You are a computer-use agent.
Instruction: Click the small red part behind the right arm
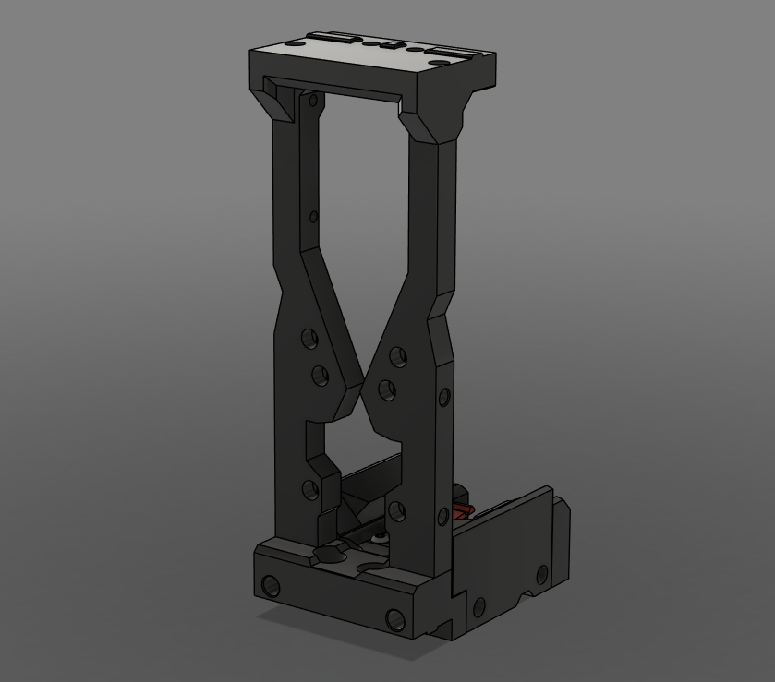point(461,509)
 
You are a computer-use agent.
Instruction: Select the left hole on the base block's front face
point(271,585)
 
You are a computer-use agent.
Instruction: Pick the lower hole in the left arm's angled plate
point(320,376)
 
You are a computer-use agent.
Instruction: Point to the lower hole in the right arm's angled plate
point(387,389)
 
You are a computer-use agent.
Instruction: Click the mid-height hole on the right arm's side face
point(444,398)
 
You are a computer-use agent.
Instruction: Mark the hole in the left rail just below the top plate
point(313,100)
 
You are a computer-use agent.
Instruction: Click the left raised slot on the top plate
point(333,38)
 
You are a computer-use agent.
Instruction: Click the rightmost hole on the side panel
point(542,575)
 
